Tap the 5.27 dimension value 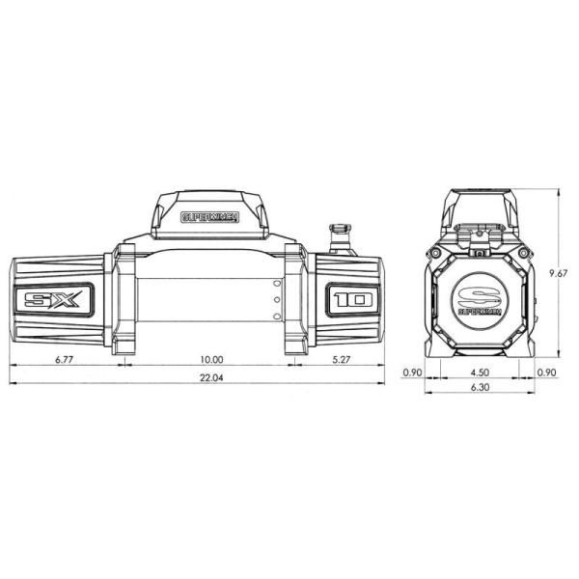pos(341,359)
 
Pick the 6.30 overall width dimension pos(479,388)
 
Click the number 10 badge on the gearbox pos(350,299)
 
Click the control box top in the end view pos(479,207)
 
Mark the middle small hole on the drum pos(276,301)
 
